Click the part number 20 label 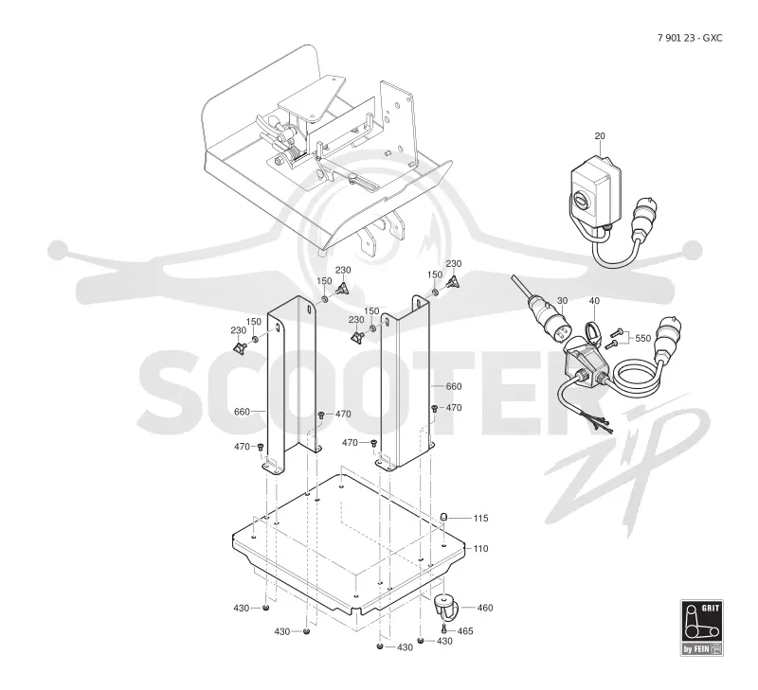[600, 136]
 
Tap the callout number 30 [562, 301]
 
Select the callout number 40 [594, 301]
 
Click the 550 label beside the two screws [642, 339]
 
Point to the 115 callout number [480, 518]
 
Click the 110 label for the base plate [480, 549]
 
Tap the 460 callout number [485, 608]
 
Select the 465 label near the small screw [465, 631]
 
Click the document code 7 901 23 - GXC [690, 38]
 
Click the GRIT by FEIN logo [702, 628]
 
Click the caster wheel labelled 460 [443, 607]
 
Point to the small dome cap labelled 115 [443, 518]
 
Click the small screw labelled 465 [443, 628]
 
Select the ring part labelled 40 [592, 333]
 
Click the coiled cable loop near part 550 [636, 378]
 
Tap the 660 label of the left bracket [242, 412]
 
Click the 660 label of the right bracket [454, 386]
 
